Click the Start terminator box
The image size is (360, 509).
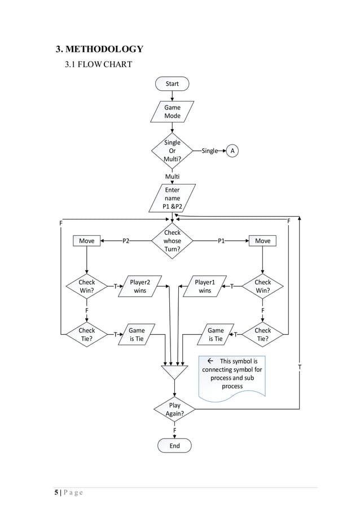tap(172, 84)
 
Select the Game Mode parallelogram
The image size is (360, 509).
tap(172, 111)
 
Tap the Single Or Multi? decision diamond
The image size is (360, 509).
tap(172, 151)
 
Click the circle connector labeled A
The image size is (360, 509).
tap(232, 151)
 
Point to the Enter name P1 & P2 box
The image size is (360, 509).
tap(172, 198)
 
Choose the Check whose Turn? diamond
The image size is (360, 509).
tap(172, 241)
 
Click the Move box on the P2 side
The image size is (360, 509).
tap(86, 241)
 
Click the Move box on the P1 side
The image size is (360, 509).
tap(262, 241)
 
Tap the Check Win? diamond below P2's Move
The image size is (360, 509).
tap(86, 286)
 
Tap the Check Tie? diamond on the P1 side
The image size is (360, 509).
tap(262, 335)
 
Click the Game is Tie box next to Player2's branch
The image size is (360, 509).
tap(137, 335)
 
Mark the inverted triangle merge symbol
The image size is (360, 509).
tap(174, 372)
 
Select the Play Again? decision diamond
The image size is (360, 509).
tap(174, 409)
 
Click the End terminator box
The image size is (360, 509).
tap(174, 446)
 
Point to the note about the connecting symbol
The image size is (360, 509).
tap(232, 374)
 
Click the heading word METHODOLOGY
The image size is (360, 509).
tap(105, 49)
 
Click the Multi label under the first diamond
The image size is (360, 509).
tap(172, 177)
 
